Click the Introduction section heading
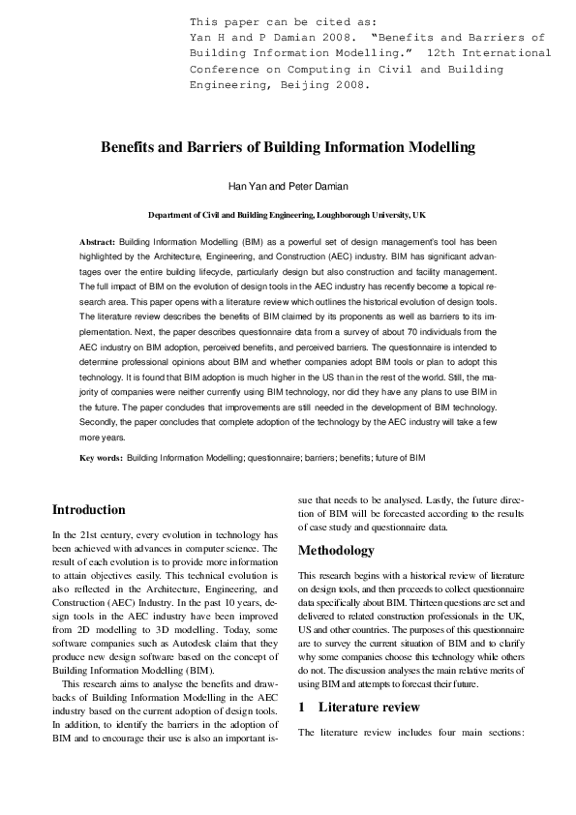88,509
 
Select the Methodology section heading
336,551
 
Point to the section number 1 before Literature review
301,708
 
